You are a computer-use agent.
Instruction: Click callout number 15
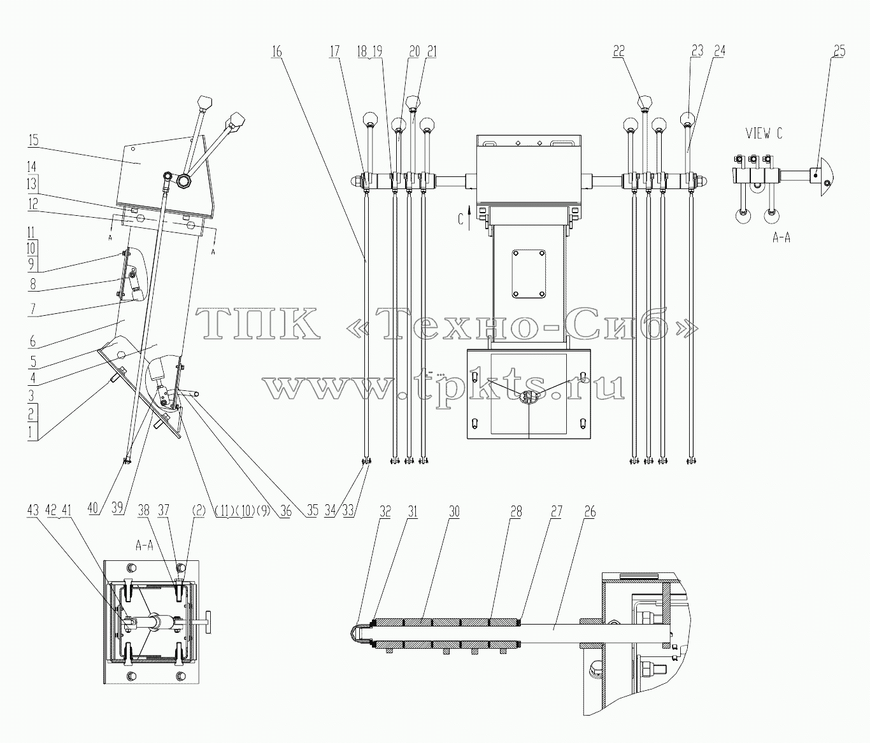pos(33,140)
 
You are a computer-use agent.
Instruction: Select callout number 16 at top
pos(276,52)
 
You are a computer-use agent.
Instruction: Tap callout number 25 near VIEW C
pos(839,52)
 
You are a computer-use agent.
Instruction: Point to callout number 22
pos(618,52)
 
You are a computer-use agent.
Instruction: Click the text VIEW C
pos(764,134)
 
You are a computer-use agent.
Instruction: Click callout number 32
pos(385,511)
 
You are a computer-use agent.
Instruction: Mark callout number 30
pos(454,511)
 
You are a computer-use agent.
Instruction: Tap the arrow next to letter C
pos(469,218)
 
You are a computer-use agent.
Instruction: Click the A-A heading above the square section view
pos(144,546)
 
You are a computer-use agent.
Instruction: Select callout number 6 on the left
pos(32,342)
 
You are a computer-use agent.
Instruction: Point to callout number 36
pos(286,511)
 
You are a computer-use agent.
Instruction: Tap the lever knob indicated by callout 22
pos(644,103)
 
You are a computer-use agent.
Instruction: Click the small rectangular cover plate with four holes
pos(529,274)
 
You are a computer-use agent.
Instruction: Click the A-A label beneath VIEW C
pos(781,238)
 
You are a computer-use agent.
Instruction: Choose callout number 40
pos(92,508)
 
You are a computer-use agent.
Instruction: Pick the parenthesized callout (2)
pos(198,511)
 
